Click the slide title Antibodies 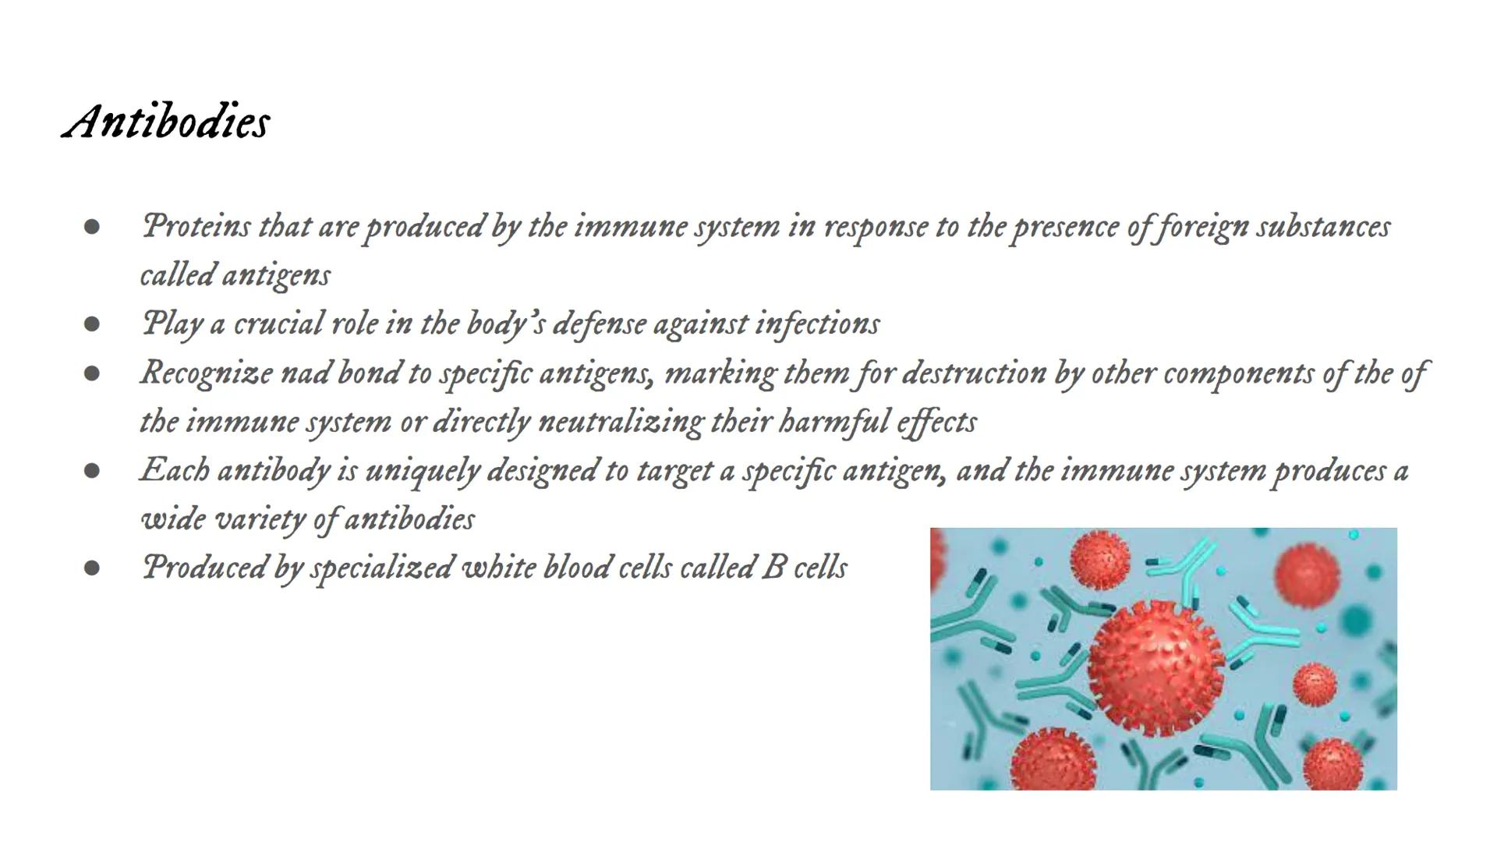(x=166, y=122)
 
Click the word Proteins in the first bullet (x=196, y=227)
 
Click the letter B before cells (x=773, y=568)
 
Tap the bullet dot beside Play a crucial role (x=92, y=324)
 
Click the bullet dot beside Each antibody (x=92, y=471)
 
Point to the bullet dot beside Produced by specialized (x=92, y=568)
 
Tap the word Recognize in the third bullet (x=206, y=373)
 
